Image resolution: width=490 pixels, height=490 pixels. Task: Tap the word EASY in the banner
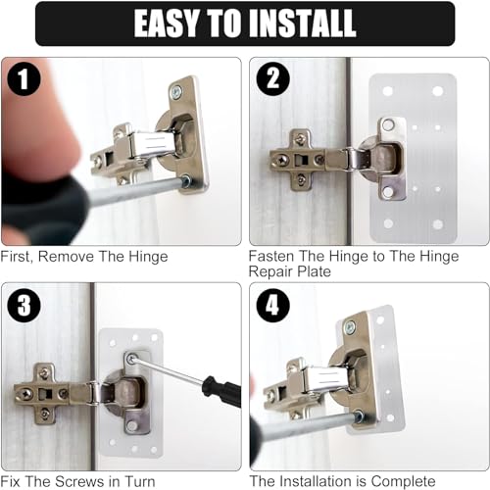pos(166,23)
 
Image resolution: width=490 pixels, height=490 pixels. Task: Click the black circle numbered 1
pos(24,78)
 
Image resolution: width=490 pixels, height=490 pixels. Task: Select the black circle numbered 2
pos(273,78)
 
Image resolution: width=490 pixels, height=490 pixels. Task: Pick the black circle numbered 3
pos(24,306)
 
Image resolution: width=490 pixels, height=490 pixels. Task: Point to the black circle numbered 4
pos(273,306)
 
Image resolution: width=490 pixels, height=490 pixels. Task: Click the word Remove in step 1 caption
pos(66,256)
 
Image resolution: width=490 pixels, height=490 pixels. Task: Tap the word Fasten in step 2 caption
pos(271,256)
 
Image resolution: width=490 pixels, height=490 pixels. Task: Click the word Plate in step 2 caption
pos(314,271)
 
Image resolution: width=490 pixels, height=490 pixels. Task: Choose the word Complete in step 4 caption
pos(403,481)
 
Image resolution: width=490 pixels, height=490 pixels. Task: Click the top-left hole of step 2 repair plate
pos(387,91)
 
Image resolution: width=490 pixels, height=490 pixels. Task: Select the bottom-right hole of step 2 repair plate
pos(438,223)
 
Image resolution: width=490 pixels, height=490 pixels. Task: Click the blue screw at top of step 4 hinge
pos(350,326)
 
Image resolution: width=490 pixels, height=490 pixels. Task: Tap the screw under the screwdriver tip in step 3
pos(132,360)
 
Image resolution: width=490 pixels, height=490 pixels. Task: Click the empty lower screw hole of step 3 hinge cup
pos(132,425)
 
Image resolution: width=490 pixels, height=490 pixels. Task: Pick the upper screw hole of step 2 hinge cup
pos(388,124)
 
